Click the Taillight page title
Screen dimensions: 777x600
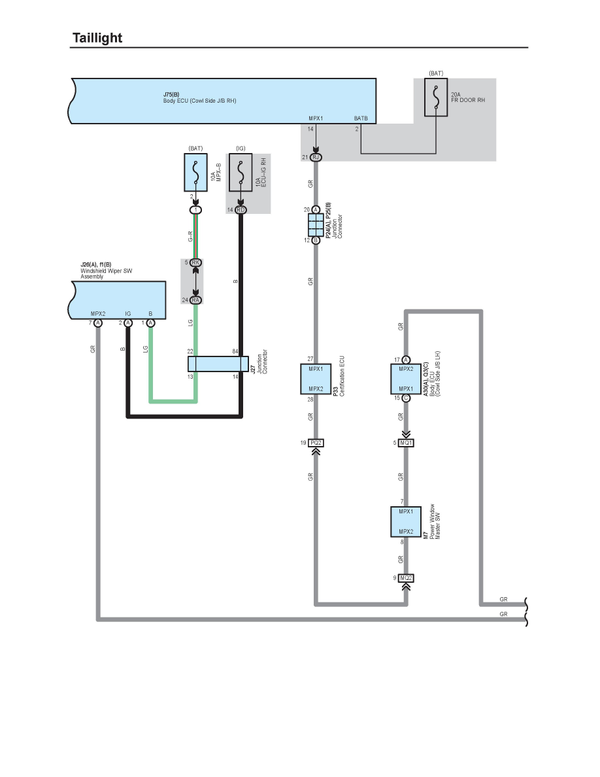pyautogui.click(x=97, y=38)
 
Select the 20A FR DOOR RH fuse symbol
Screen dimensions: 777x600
pyautogui.click(x=436, y=98)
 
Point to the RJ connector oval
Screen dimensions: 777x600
pyautogui.click(x=316, y=158)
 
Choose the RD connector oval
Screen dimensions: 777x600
pyautogui.click(x=241, y=210)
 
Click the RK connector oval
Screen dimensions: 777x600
pyautogui.click(x=195, y=263)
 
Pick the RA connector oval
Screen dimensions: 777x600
pyautogui.click(x=195, y=300)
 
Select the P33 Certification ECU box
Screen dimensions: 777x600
pyautogui.click(x=316, y=379)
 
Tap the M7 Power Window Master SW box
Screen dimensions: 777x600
pyautogui.click(x=407, y=521)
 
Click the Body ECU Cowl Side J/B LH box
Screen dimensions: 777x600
pyautogui.click(x=407, y=379)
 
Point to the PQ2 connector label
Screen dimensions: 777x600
pyautogui.click(x=316, y=443)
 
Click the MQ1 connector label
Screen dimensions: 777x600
pyautogui.click(x=407, y=443)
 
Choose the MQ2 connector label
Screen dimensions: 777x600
pyautogui.click(x=407, y=578)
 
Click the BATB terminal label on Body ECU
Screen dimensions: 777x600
pyautogui.click(x=361, y=118)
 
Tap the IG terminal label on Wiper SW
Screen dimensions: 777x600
pyautogui.click(x=128, y=314)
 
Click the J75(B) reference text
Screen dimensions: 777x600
pyautogui.click(x=172, y=95)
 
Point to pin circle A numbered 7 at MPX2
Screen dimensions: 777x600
pyautogui.click(x=98, y=323)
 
